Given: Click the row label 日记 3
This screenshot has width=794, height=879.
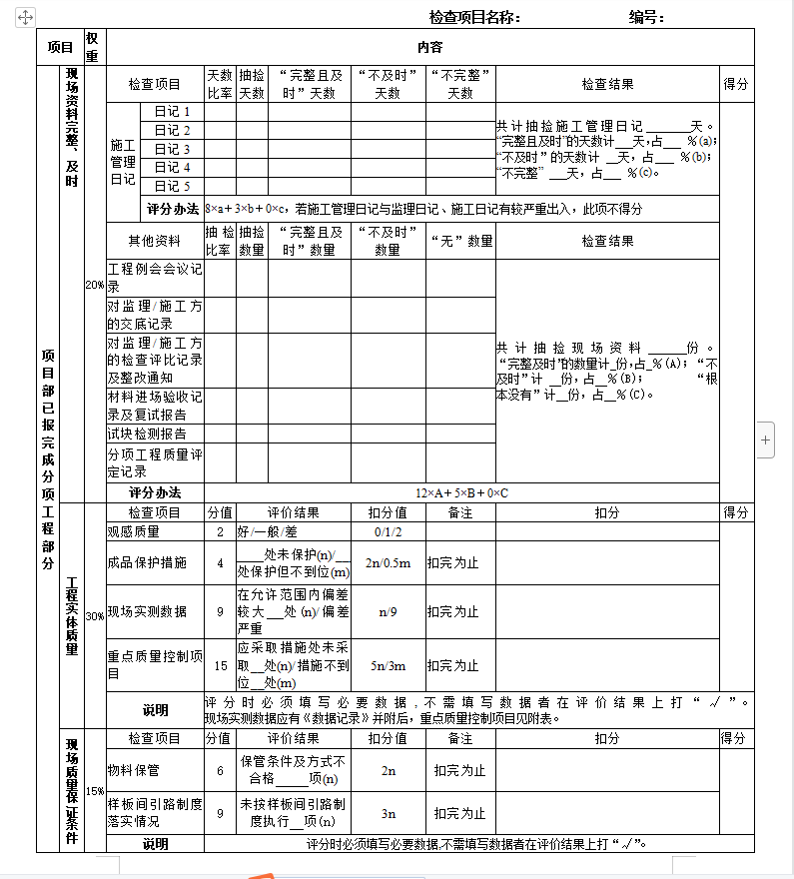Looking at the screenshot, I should tap(172, 149).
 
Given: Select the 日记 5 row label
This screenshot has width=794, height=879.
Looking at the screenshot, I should tap(172, 186).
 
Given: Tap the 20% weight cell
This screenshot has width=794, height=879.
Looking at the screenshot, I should tap(94, 285).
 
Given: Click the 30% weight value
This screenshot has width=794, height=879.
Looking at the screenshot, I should tap(94, 615).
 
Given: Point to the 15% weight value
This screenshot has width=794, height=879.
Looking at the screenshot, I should tap(94, 790).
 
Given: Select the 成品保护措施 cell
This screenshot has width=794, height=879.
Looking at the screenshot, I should tap(147, 562).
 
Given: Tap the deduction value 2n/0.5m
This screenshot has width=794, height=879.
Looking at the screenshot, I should tap(388, 562).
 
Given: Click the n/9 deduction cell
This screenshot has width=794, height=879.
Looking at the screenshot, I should tap(388, 611).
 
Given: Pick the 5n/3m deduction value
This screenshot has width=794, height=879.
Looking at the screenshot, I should tap(388, 665).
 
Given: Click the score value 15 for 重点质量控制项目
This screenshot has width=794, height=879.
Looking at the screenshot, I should tap(221, 665).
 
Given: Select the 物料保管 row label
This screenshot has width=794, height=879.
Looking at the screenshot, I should tap(133, 770).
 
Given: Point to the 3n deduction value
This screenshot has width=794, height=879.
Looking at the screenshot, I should tap(388, 813).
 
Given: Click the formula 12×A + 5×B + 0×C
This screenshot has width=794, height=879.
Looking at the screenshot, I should tap(461, 492).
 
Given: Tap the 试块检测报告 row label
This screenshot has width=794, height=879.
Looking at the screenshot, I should tap(147, 434).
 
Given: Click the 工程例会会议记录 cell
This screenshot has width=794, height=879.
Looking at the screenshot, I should tap(155, 278).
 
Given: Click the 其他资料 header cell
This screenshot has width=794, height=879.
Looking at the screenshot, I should tap(155, 241).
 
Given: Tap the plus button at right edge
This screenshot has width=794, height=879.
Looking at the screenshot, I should tap(765, 439).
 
